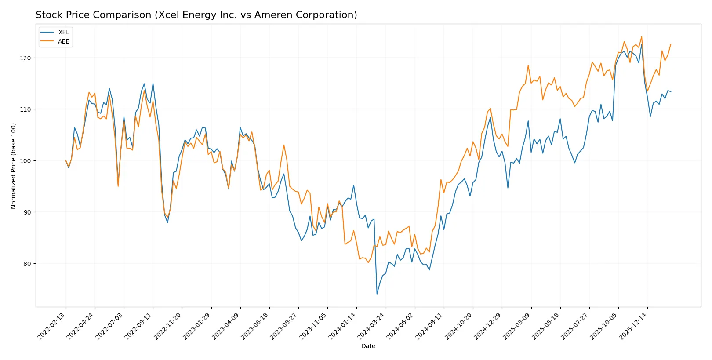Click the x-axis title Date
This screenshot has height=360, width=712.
click(x=368, y=346)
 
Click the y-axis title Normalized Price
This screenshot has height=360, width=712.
click(x=13, y=166)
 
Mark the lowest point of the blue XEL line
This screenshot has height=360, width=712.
click(x=377, y=294)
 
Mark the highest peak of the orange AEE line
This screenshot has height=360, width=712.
click(x=641, y=36)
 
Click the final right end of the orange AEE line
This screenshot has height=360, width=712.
click(x=671, y=44)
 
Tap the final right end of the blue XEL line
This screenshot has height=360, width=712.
click(x=671, y=92)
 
